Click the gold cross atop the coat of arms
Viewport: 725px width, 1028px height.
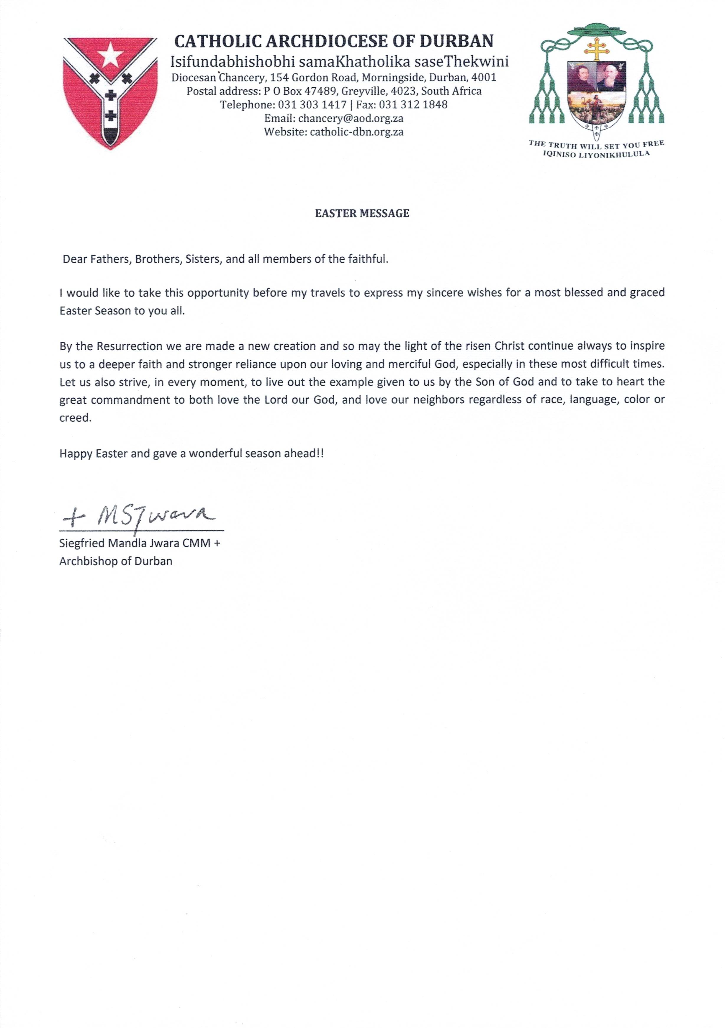pos(596,48)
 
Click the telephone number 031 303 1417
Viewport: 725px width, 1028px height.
pos(312,105)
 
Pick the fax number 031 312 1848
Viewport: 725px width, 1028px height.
pos(413,105)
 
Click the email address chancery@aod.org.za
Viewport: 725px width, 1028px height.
pos(351,119)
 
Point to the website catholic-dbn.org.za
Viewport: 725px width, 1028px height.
pos(356,132)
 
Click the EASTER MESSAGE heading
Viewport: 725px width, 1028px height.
pos(362,214)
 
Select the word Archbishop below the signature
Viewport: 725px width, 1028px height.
pos(86,561)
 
